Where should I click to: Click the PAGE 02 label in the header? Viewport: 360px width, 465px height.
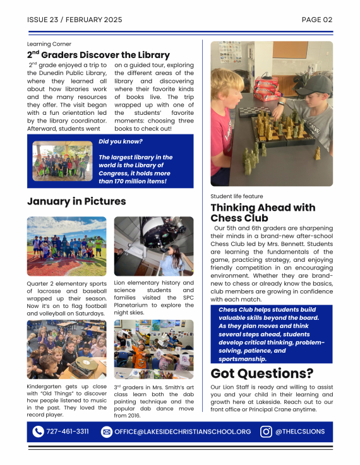317,20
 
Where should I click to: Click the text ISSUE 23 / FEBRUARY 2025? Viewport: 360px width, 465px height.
75,20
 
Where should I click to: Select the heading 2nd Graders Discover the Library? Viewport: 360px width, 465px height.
98,55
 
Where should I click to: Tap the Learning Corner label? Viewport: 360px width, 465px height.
49,44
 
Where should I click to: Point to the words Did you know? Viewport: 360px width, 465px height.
121,141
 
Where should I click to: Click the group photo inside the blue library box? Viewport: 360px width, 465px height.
63,162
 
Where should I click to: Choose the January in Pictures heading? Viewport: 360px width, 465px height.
76,201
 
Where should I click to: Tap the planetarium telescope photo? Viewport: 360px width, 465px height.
153,246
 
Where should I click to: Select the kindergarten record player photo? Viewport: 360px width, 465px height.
66,349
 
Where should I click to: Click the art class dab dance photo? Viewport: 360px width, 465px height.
153,349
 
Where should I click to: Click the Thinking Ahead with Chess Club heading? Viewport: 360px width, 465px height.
263,213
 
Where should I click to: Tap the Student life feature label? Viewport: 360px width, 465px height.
236,196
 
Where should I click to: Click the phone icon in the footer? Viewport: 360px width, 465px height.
39,432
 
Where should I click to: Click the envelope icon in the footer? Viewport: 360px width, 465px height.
106,432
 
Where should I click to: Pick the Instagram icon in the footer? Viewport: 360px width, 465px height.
266,432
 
